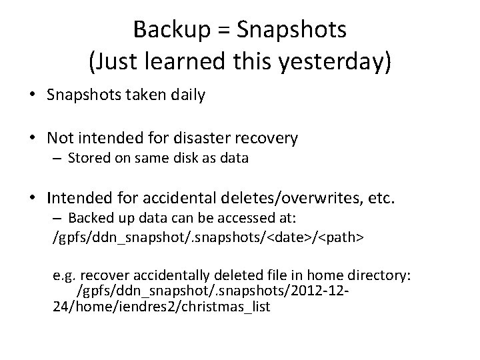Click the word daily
tap(188, 95)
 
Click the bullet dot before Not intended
tap(32, 139)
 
